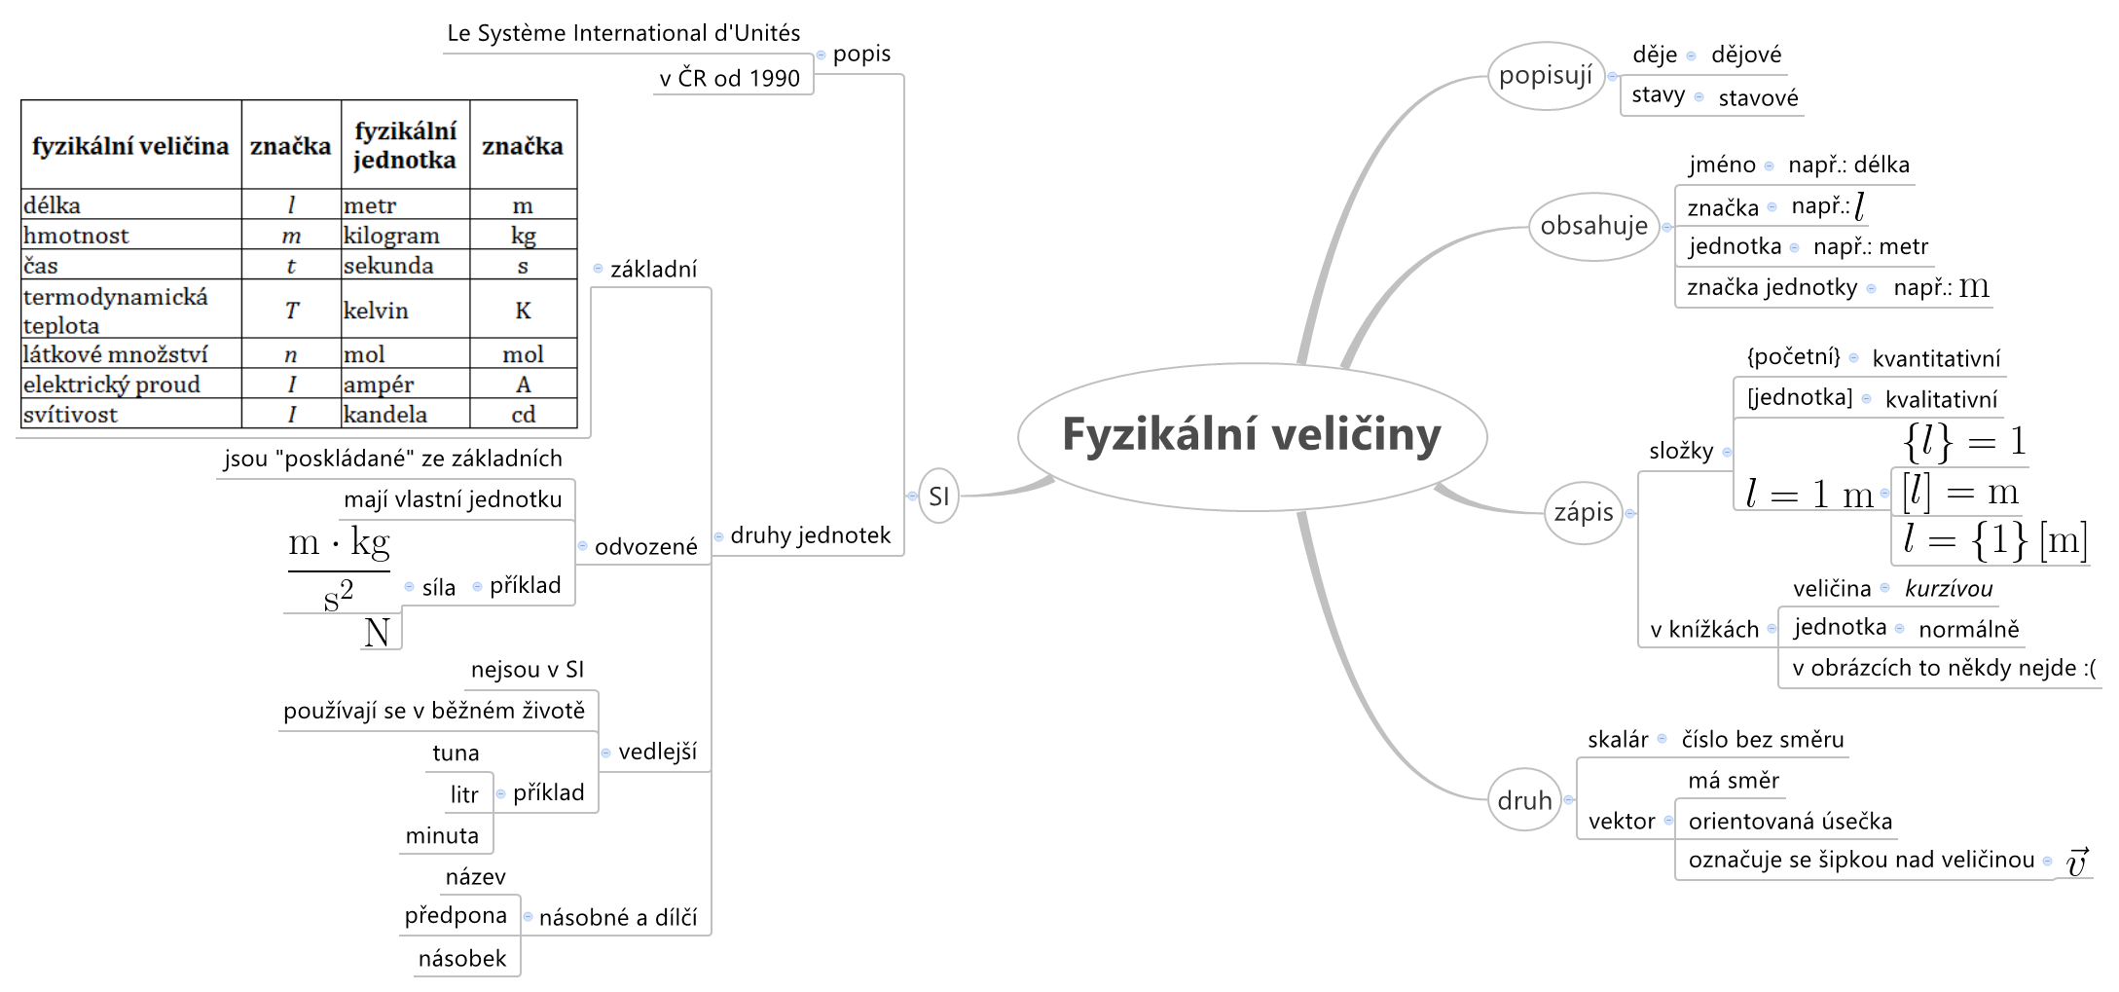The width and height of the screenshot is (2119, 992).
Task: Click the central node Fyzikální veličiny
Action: click(1252, 435)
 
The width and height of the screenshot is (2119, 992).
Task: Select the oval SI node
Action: click(938, 496)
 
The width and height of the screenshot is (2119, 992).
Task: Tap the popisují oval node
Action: click(1546, 76)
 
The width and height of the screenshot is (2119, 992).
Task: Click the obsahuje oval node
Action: click(1593, 226)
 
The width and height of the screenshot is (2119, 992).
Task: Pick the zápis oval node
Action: click(1584, 512)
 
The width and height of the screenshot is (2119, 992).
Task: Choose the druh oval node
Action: click(1524, 800)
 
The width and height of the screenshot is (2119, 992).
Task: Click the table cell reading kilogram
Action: click(391, 236)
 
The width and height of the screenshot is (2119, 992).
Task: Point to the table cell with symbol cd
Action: click(524, 415)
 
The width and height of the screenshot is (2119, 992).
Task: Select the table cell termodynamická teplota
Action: click(116, 310)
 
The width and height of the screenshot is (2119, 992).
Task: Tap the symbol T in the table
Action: click(291, 311)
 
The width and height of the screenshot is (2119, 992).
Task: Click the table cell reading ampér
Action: click(379, 385)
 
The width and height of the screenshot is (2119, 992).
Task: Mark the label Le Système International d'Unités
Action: click(623, 33)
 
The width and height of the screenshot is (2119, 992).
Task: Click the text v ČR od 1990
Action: click(730, 78)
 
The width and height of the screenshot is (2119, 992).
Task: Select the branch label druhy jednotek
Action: click(810, 535)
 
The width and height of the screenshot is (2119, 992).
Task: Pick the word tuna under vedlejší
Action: click(456, 753)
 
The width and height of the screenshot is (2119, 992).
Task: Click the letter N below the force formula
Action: click(377, 633)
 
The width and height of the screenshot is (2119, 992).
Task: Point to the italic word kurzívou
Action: click(1949, 589)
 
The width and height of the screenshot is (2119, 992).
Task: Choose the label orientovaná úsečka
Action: click(1790, 822)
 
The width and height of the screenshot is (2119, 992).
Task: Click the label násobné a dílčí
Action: click(618, 918)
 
